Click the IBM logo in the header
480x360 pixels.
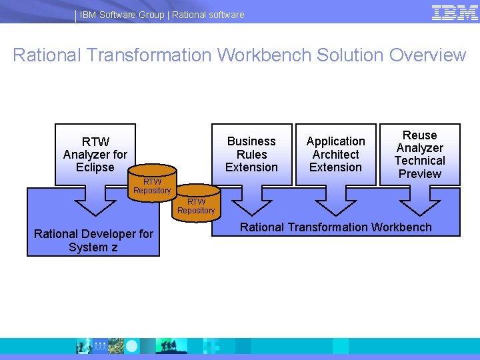[455, 13]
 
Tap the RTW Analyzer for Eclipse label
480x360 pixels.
[95, 154]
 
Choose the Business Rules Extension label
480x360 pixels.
[251, 154]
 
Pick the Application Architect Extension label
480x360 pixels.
[335, 154]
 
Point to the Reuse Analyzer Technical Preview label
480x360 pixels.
[419, 154]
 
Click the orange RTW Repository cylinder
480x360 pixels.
[153, 181]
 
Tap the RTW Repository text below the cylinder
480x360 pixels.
[196, 206]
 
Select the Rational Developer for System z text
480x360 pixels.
[93, 240]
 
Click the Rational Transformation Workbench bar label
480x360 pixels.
[336, 227]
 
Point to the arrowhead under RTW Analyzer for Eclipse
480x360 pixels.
[96, 203]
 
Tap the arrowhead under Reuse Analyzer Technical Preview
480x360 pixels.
[419, 203]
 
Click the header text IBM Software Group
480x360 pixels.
[122, 15]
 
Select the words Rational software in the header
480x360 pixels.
[208, 15]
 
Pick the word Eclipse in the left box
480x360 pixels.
[95, 167]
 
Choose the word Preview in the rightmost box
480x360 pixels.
[420, 174]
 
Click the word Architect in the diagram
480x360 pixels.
[336, 154]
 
